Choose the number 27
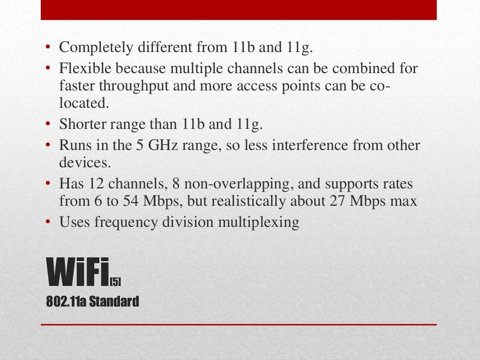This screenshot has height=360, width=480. click(x=335, y=201)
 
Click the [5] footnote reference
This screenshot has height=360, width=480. click(x=115, y=281)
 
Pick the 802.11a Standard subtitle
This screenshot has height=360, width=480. click(x=92, y=301)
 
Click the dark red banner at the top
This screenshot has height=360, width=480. click(x=239, y=10)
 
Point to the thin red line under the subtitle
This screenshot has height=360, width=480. click(x=239, y=324)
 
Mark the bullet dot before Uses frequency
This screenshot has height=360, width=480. click(x=48, y=222)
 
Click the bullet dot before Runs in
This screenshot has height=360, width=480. click(x=48, y=145)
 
